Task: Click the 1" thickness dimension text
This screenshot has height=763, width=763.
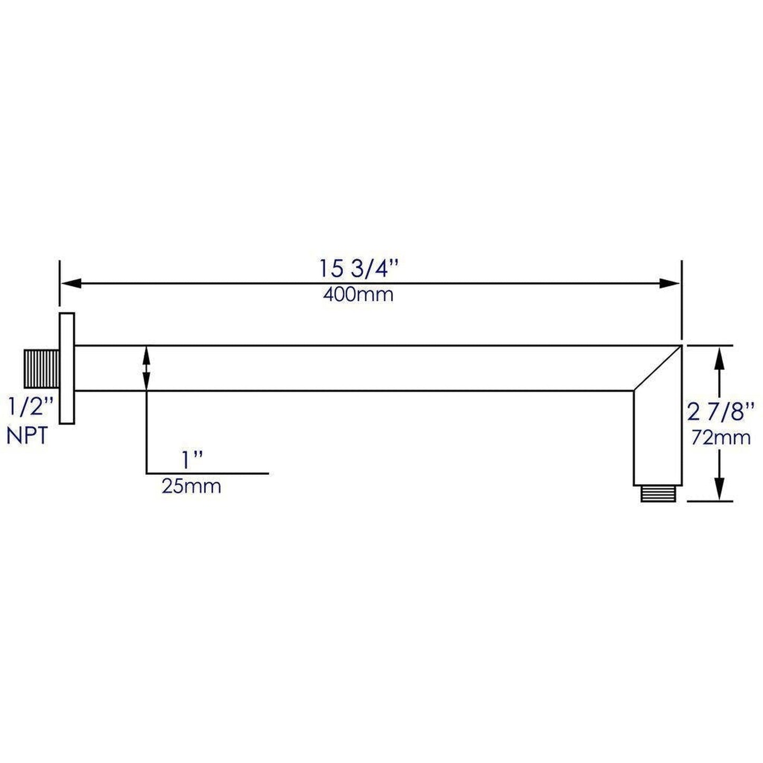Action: tap(193, 460)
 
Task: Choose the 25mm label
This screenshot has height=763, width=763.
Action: tap(191, 486)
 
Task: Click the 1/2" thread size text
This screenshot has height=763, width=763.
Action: tap(31, 408)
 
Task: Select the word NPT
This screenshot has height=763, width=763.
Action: tap(27, 436)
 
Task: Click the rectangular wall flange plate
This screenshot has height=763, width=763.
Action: tap(67, 368)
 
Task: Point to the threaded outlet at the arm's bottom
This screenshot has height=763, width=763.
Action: tap(658, 494)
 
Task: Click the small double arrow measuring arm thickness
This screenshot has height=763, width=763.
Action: tap(146, 368)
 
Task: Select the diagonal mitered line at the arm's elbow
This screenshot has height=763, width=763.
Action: tap(657, 368)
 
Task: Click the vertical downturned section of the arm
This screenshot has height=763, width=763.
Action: tap(658, 438)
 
